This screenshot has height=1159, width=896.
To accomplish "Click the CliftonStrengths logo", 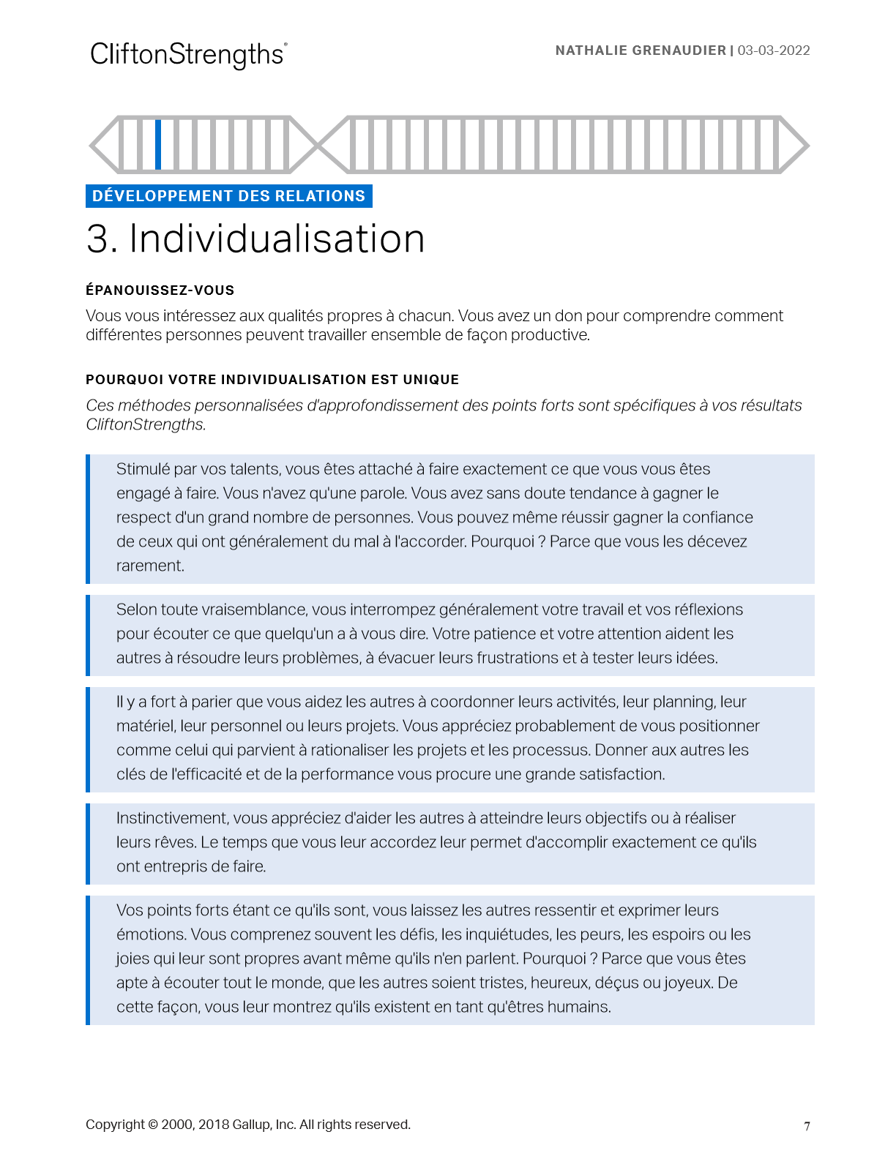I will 188,55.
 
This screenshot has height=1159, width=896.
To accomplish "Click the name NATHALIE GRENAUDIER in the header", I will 640,50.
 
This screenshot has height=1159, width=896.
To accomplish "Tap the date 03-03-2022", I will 774,50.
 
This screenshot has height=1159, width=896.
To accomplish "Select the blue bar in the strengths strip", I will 158,144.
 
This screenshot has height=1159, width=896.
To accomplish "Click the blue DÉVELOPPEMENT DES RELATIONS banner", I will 228,196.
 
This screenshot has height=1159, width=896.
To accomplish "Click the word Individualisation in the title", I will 277,239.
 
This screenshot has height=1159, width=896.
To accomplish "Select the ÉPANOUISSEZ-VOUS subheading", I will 160,290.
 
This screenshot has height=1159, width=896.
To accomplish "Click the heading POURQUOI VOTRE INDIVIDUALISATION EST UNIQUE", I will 272,380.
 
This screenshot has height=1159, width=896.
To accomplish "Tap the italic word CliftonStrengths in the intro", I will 145,424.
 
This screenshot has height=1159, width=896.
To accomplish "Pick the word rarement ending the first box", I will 149,566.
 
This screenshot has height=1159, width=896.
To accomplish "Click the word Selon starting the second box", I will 136,609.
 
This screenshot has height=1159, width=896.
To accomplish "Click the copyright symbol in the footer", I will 153,1125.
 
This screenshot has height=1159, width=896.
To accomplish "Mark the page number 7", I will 807,1126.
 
